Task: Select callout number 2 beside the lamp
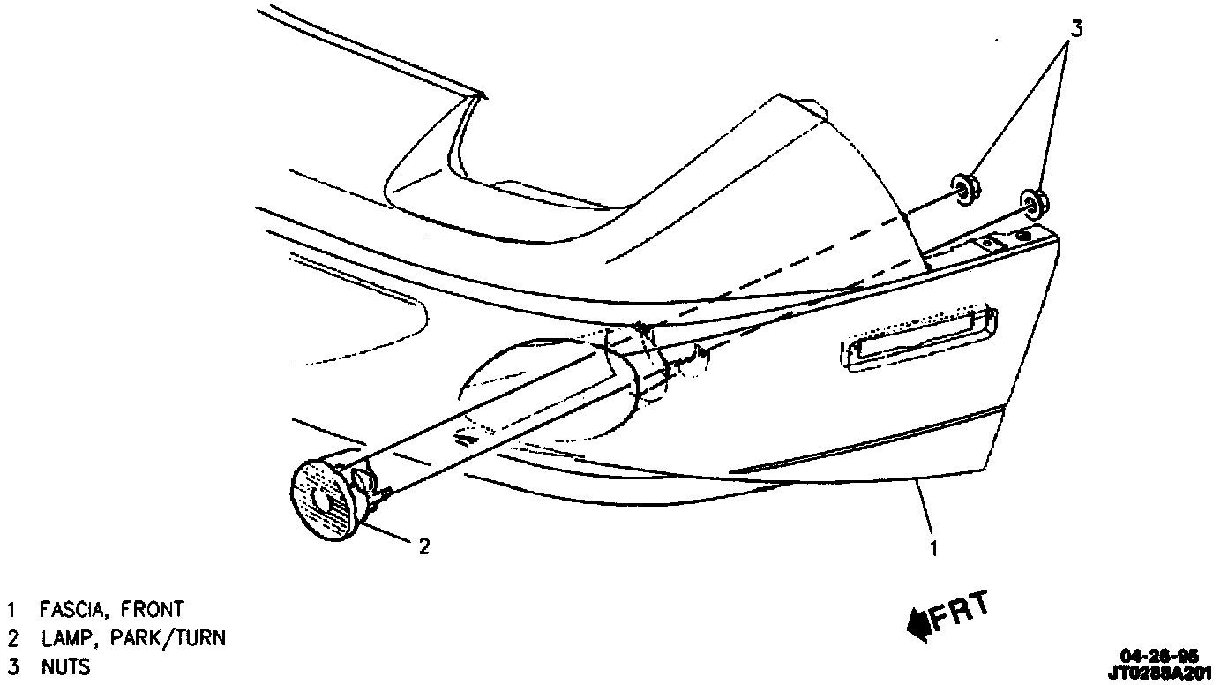click(424, 547)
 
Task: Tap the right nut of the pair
click(1033, 202)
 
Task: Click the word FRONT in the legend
click(153, 610)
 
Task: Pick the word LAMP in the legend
click(64, 638)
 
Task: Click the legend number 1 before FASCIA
click(11, 610)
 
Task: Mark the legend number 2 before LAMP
click(12, 638)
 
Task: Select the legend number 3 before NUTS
click(12, 666)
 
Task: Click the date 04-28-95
click(1159, 655)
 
